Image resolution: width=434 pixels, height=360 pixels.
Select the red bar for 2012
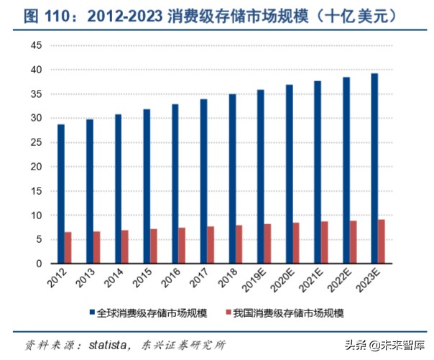point(68,248)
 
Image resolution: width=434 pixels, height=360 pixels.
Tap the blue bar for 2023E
point(374,169)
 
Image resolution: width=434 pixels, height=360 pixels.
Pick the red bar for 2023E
point(381,241)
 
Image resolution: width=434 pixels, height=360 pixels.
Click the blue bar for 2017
point(203,181)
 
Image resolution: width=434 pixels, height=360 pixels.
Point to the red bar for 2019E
point(267,244)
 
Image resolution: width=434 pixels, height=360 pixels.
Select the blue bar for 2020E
point(289,174)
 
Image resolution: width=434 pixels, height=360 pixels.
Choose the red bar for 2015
point(154,246)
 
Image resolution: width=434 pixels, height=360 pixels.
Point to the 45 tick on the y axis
point(37,45)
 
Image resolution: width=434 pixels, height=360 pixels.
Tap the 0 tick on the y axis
point(40,264)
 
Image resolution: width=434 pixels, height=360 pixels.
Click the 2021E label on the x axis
point(315,282)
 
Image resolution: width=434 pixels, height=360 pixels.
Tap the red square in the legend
point(228,313)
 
